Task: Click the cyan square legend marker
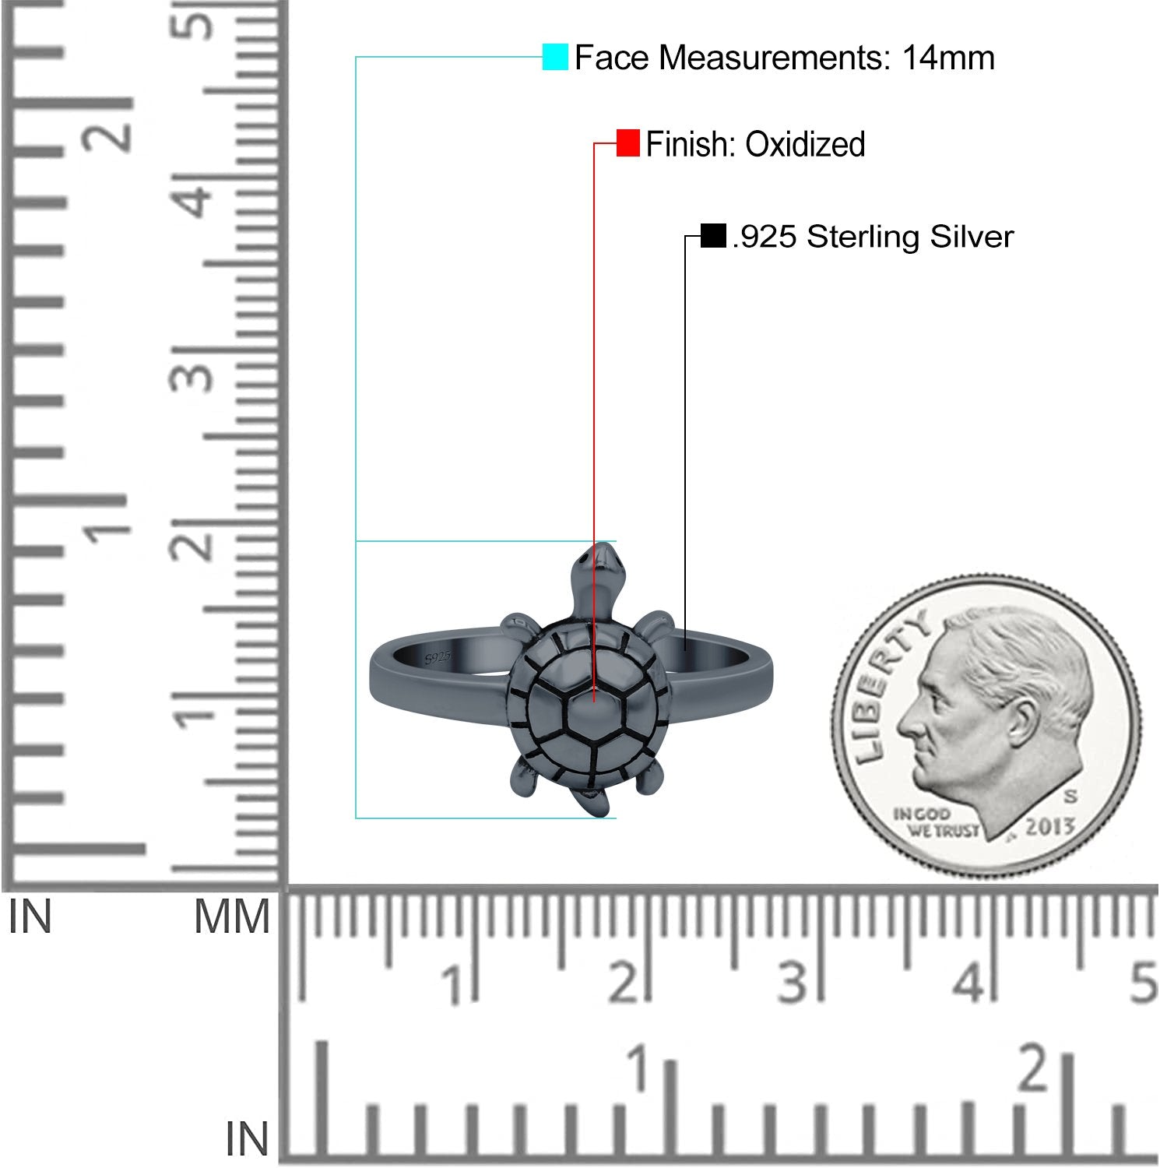tap(555, 57)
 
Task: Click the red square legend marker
tap(627, 143)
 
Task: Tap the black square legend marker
tap(713, 235)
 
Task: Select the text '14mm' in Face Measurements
tap(948, 58)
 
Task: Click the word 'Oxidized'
tap(805, 145)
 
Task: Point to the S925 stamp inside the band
tap(438, 657)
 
